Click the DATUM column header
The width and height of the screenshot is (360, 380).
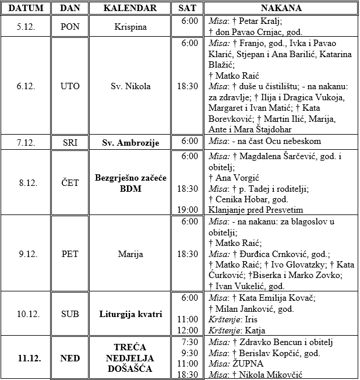26,8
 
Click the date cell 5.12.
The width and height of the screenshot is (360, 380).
26,27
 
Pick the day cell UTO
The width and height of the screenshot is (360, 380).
70,86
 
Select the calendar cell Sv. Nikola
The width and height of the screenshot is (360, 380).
130,86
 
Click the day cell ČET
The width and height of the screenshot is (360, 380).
70,182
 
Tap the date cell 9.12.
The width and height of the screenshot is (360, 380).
26,254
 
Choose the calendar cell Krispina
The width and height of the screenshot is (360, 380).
130,27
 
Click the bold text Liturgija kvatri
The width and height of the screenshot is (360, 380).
130,314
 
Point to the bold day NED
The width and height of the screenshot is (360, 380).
70,358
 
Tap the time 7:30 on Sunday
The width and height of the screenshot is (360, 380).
190,342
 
